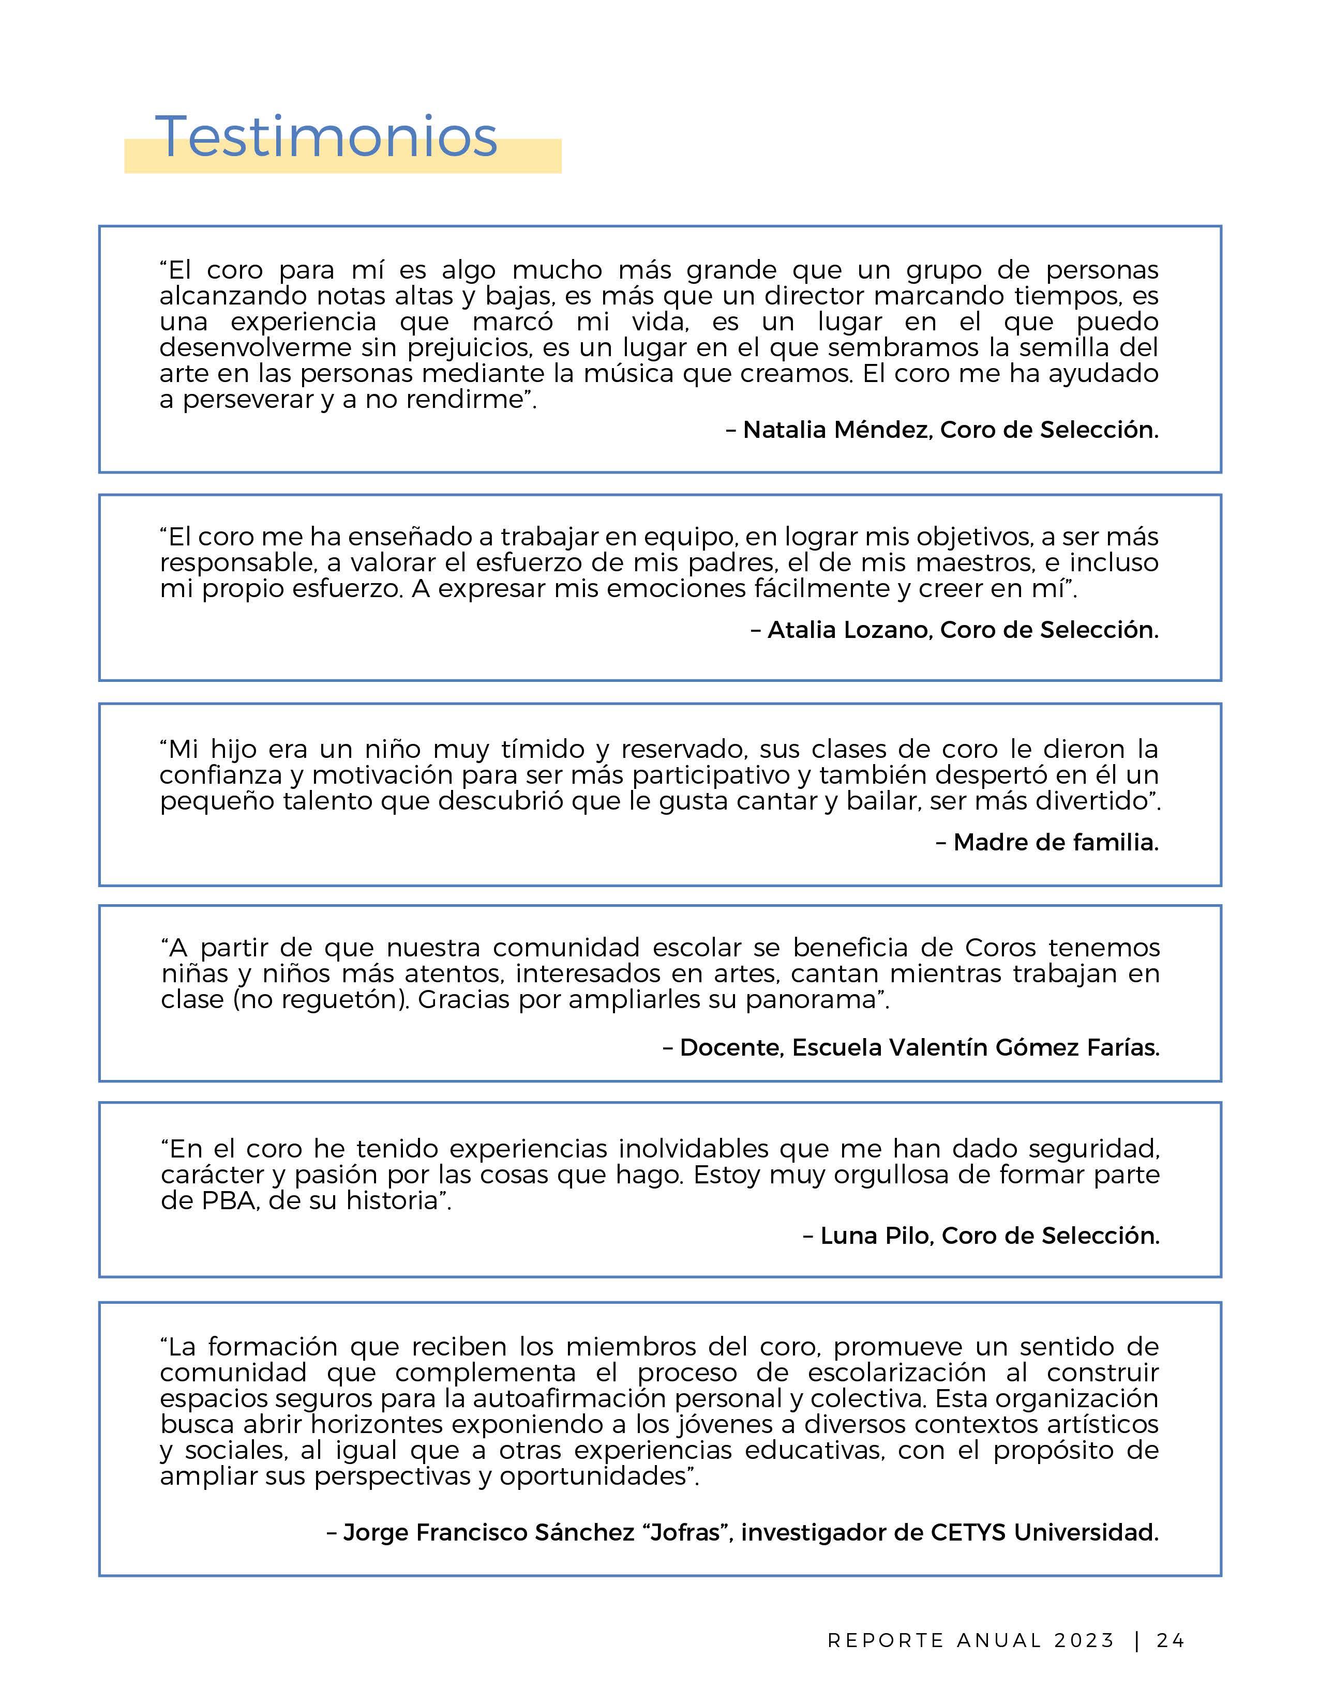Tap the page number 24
[1171, 1640]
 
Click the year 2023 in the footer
[1084, 1640]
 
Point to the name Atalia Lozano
[849, 630]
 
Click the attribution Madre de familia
[1055, 842]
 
